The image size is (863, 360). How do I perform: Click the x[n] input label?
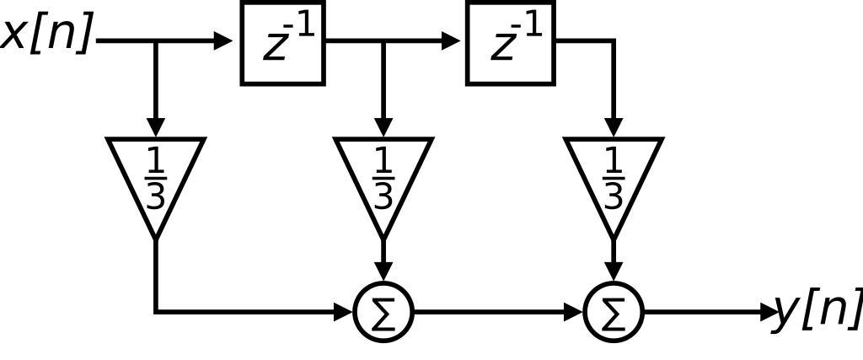[x=47, y=35]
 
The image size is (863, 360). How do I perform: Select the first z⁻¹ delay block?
[x=283, y=43]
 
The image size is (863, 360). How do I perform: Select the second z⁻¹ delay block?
[x=511, y=43]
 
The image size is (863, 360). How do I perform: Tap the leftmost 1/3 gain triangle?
[x=155, y=177]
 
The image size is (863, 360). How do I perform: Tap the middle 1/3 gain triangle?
[x=383, y=177]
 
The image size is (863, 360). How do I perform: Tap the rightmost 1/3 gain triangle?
[x=613, y=177]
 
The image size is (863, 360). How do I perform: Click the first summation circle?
[x=384, y=312]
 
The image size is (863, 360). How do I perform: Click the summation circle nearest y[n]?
[x=614, y=312]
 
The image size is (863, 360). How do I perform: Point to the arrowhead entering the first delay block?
[x=224, y=40]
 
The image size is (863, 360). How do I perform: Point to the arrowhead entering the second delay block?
[x=452, y=40]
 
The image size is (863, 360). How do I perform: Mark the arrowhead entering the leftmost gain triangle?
[x=155, y=126]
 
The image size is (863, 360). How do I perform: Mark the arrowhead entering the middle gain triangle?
[x=383, y=126]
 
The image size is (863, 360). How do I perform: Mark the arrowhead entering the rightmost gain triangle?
[x=613, y=126]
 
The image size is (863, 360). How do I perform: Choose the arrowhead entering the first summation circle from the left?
[x=344, y=312]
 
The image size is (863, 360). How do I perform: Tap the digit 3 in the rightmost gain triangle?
[x=613, y=196]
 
